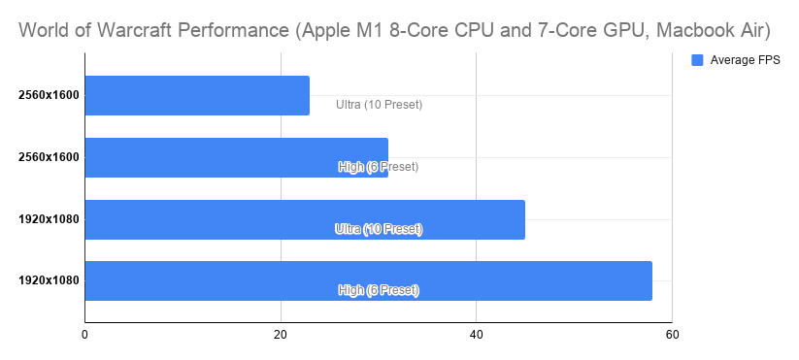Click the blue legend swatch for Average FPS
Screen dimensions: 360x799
[696, 60]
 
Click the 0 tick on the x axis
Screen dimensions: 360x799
[85, 336]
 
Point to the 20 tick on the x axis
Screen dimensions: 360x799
[281, 336]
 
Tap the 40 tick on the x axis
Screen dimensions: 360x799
[476, 336]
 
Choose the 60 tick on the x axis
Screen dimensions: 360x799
[671, 336]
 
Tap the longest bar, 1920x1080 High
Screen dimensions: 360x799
[368, 280]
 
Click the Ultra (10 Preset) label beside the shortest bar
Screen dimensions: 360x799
[379, 104]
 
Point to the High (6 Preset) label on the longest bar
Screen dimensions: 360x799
[379, 290]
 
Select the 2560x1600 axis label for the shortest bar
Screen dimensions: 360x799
[49, 95]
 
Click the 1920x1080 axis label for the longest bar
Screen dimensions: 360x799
[49, 280]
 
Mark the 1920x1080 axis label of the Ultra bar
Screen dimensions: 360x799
[49, 219]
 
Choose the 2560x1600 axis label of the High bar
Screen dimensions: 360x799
[49, 157]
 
